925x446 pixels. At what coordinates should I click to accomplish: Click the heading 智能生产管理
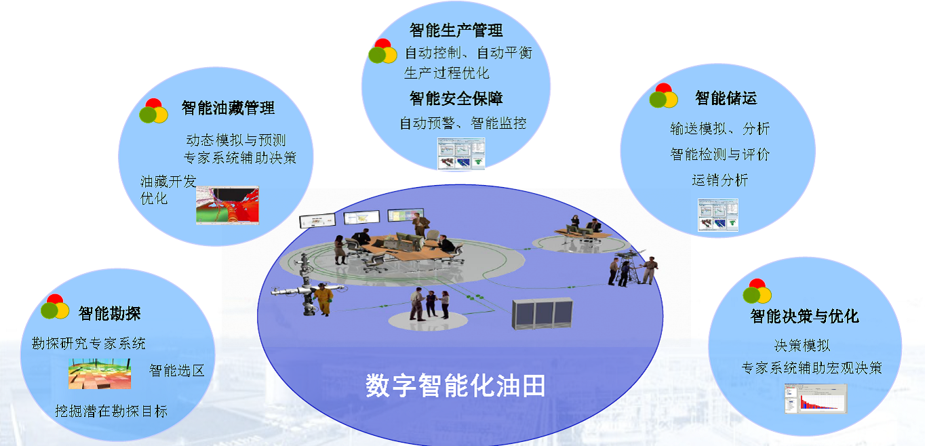tap(456, 30)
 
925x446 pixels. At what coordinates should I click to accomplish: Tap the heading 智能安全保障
tap(456, 98)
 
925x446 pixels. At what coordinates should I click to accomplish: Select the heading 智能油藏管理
tap(228, 108)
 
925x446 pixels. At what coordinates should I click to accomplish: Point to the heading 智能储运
tap(726, 98)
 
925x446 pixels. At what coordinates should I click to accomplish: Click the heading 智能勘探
tap(109, 314)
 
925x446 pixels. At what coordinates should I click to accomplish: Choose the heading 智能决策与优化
tap(804, 317)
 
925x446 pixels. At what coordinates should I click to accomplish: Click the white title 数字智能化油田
tap(455, 386)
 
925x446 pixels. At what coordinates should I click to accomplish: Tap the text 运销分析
tap(720, 180)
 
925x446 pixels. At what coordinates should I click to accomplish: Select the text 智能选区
tap(177, 371)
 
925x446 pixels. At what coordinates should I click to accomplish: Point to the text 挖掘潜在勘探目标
tap(111, 411)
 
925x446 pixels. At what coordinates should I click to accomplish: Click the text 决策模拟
tap(802, 345)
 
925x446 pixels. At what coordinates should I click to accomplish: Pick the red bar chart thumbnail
tap(816, 399)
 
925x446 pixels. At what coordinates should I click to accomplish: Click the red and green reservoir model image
tap(228, 205)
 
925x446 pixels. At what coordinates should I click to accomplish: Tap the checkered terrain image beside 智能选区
tap(100, 373)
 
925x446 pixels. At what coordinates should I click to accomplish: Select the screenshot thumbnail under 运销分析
tap(718, 215)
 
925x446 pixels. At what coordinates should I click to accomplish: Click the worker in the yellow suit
tap(323, 299)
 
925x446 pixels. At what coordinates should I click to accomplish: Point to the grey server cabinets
tap(543, 313)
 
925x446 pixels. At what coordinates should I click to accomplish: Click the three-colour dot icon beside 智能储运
tap(664, 96)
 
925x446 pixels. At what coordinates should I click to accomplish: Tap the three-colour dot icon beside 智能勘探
tap(55, 306)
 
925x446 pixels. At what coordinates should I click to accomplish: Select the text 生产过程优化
tap(446, 73)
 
